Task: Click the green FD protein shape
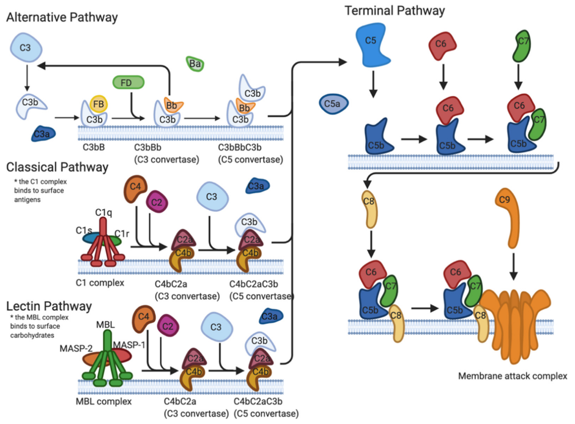click(x=128, y=82)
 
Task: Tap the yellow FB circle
click(x=99, y=104)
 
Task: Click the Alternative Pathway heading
click(x=62, y=17)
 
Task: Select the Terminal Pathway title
click(x=395, y=11)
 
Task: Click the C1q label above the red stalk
click(x=103, y=213)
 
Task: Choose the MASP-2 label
click(x=76, y=348)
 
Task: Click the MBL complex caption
click(x=103, y=401)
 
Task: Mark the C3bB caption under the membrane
click(x=94, y=147)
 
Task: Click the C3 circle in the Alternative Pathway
click(x=26, y=48)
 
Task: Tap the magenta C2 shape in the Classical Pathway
click(x=157, y=202)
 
